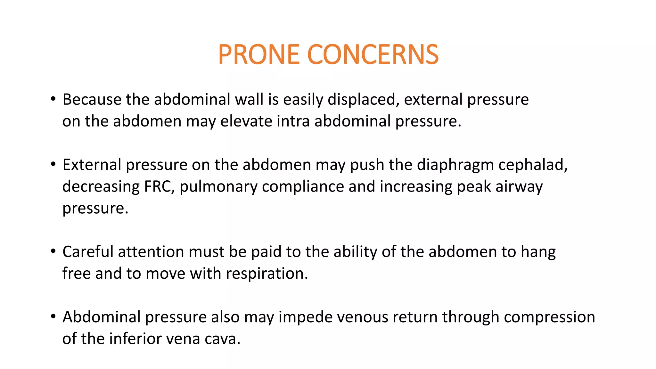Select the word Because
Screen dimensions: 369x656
click(x=92, y=99)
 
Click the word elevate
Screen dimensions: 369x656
click(x=246, y=121)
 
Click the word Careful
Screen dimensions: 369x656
click(x=88, y=252)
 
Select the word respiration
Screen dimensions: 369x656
click(x=267, y=274)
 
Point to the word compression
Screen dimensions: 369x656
click(x=549, y=317)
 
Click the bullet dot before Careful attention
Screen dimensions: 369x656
click(x=53, y=251)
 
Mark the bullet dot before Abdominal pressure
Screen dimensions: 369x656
click(x=53, y=316)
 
